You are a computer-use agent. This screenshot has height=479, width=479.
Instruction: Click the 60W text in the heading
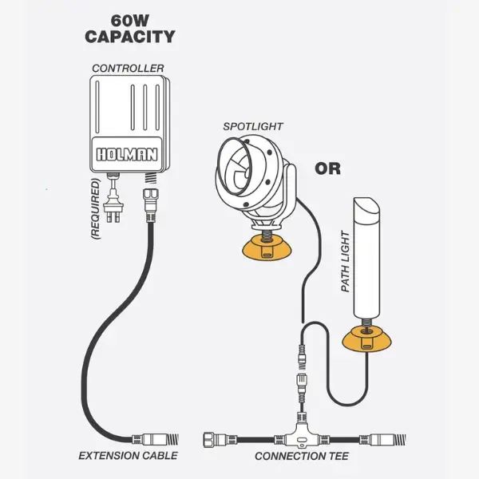(x=130, y=18)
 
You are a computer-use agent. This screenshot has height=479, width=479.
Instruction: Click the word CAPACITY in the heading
(x=130, y=37)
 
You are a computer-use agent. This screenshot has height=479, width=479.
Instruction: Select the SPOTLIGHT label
(x=253, y=126)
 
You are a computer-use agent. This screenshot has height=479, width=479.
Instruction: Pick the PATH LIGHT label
(x=346, y=261)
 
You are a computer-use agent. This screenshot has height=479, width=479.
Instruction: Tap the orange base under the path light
(x=366, y=341)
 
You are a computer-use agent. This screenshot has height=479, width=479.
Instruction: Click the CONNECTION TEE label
(x=299, y=456)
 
